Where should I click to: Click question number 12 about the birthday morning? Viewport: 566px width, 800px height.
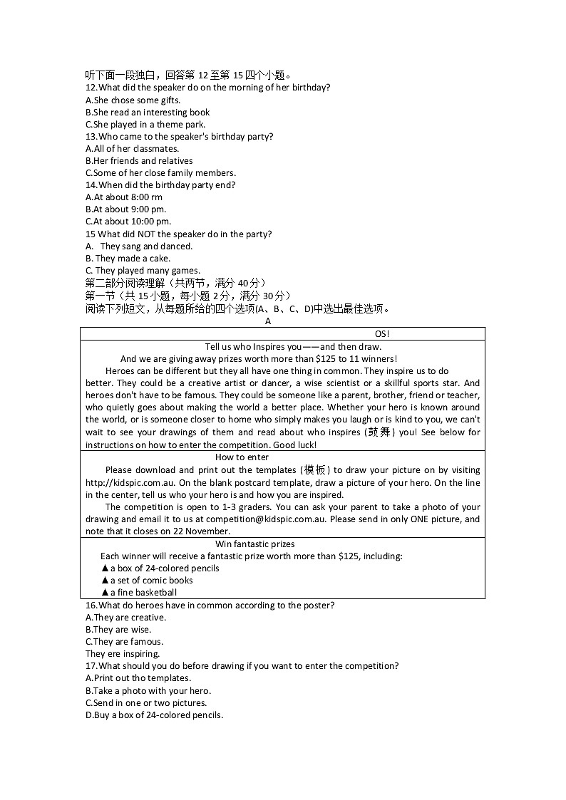tap(91, 88)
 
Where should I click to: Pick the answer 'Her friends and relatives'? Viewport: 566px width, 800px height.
tap(139, 161)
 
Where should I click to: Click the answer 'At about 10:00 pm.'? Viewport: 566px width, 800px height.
tap(128, 222)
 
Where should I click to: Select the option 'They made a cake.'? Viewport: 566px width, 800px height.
tap(128, 259)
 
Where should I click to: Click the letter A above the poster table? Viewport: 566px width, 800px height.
tap(268, 321)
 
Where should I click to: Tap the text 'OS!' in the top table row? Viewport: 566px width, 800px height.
tap(382, 334)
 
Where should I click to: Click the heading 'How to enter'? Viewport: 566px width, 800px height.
tap(242, 457)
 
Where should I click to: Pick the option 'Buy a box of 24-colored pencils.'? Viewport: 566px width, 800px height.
tap(154, 715)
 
